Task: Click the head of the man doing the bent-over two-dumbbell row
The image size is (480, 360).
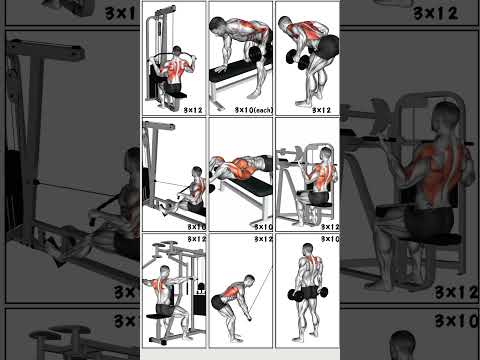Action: coord(286,25)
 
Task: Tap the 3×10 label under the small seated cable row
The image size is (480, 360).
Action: coord(194,227)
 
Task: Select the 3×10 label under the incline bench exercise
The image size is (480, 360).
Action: coord(262,227)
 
